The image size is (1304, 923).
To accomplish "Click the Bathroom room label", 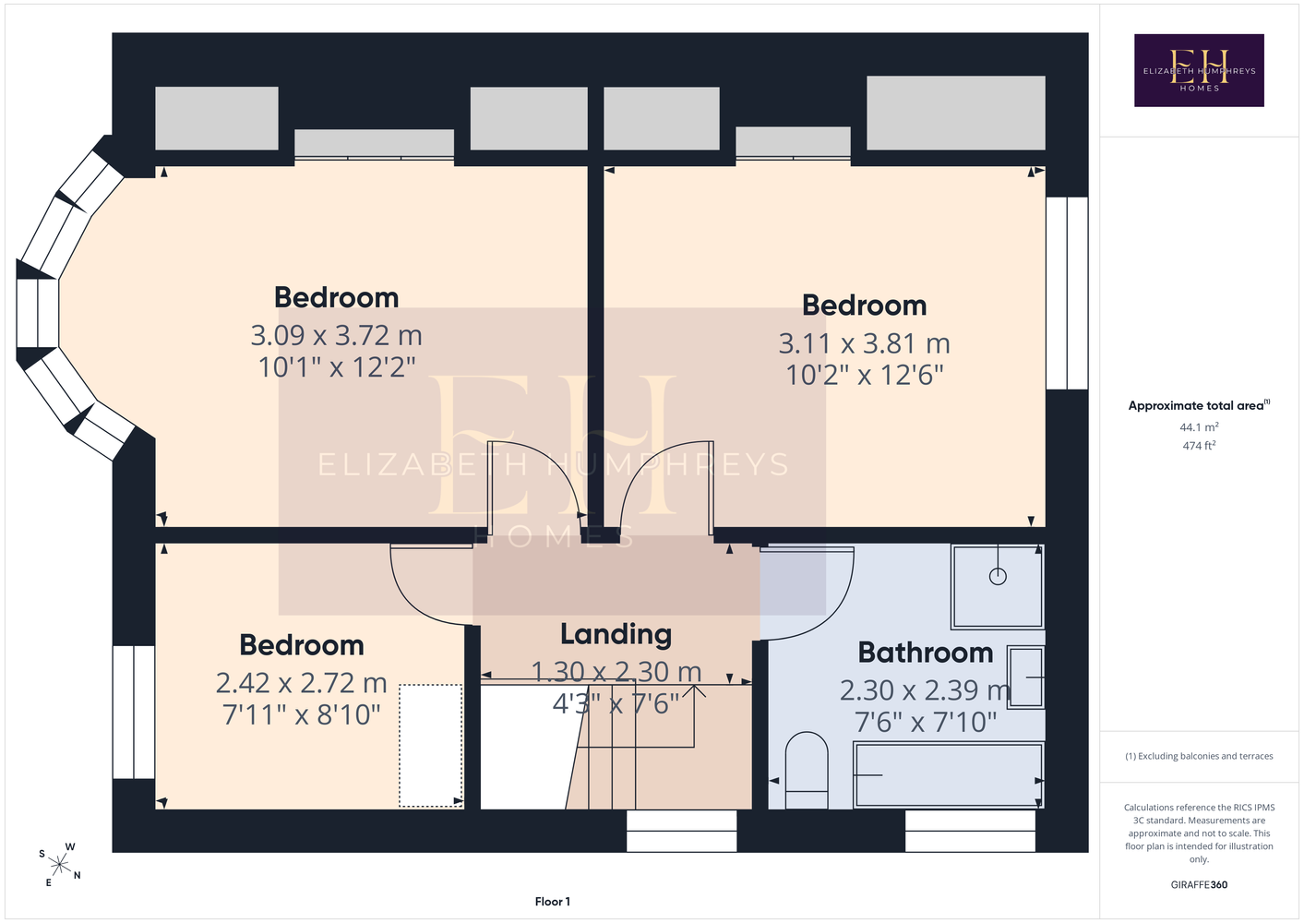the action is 925,653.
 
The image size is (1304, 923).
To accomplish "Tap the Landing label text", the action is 616,635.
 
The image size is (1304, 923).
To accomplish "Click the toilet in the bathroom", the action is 807,771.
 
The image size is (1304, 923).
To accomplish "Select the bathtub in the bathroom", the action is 949,775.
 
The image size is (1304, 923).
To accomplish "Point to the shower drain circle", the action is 998,577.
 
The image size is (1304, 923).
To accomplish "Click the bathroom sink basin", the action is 1025,677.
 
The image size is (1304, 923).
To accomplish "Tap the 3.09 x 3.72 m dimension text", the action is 337,335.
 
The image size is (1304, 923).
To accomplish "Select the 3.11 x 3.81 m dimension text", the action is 865,343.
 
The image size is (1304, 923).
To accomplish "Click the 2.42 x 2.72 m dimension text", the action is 302,683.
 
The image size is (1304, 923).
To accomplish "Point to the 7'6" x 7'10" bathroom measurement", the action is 925,722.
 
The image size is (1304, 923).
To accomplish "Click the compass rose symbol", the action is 59,865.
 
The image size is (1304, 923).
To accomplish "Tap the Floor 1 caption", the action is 553,902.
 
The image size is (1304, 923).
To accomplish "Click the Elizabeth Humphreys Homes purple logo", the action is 1199,70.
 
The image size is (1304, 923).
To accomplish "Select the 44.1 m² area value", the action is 1199,426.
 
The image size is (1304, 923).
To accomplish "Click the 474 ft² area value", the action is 1199,446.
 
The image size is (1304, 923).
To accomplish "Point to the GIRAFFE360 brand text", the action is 1199,884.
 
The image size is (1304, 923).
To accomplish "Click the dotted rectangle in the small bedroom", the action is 430,746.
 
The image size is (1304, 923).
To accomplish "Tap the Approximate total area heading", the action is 1199,405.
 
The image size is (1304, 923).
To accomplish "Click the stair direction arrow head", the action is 694,690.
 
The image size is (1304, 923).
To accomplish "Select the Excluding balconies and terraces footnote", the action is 1199,756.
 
